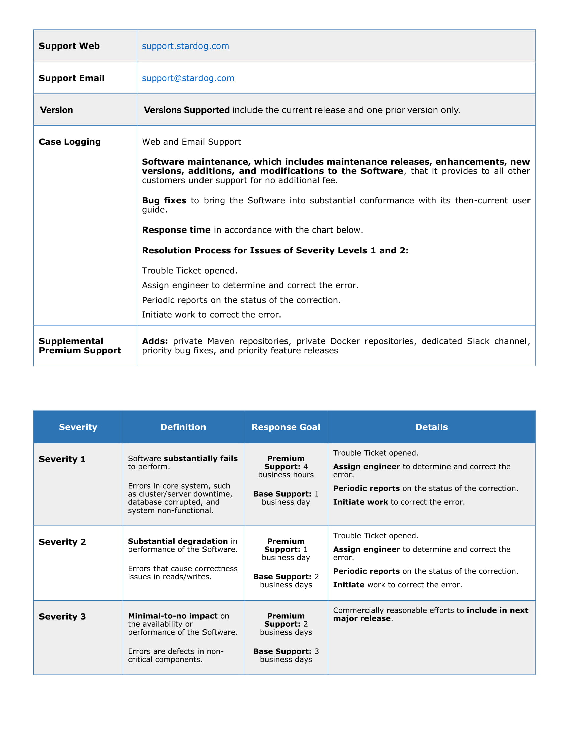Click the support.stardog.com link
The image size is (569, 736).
click(185, 46)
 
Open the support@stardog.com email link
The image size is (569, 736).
click(188, 78)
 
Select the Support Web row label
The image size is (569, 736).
click(69, 46)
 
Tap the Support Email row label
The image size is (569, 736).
click(72, 78)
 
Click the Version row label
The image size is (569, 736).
click(56, 110)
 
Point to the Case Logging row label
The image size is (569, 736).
click(70, 142)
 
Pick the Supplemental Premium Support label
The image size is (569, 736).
click(80, 346)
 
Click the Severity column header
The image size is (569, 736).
click(78, 427)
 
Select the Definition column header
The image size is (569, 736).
click(183, 427)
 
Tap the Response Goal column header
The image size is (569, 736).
click(286, 427)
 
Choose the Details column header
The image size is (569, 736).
click(431, 427)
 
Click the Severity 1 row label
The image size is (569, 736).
click(62, 459)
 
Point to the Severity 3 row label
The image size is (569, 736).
click(62, 616)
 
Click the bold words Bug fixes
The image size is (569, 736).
click(164, 200)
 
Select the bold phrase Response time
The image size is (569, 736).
click(176, 230)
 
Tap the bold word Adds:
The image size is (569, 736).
click(155, 341)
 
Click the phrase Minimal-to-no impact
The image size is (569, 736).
click(173, 616)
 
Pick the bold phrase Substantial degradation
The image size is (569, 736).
click(178, 541)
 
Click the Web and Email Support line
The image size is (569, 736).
click(191, 142)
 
